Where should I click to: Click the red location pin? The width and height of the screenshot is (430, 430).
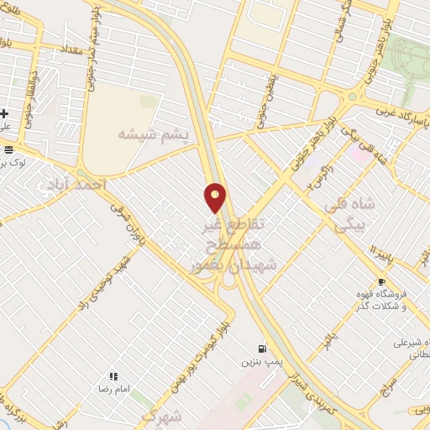click(216, 197)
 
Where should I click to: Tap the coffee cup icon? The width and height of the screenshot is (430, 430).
click(382, 282)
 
